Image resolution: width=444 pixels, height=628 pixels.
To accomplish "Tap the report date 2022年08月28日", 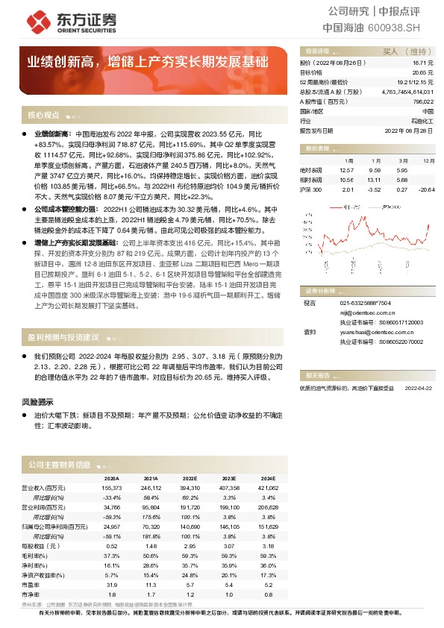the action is coord(409,130).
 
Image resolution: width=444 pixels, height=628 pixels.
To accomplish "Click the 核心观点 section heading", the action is coord(43,116).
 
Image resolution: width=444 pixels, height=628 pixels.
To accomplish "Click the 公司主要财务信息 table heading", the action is coord(60,464).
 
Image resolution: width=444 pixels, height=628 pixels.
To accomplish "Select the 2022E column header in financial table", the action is coord(190,479).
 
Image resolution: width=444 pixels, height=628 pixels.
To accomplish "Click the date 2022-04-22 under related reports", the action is coord(419,388).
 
